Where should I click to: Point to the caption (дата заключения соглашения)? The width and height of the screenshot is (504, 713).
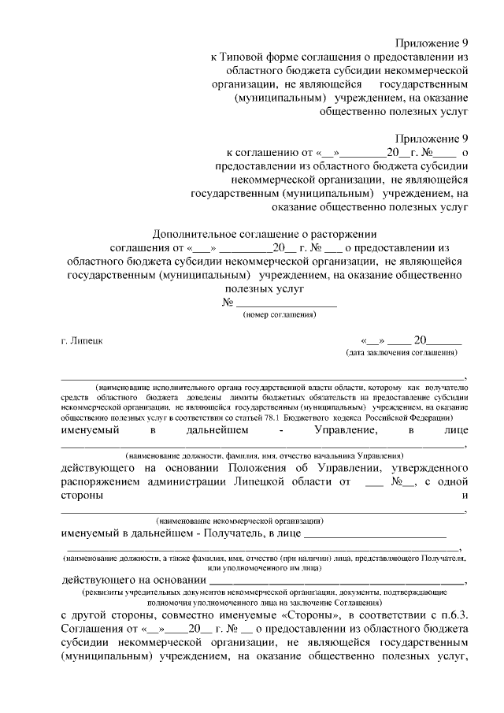tap(402, 353)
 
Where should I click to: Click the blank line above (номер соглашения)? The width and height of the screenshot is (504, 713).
tap(286, 304)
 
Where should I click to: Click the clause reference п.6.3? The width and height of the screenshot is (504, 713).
tap(454, 615)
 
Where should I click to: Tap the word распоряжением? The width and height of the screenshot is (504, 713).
tap(101, 483)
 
